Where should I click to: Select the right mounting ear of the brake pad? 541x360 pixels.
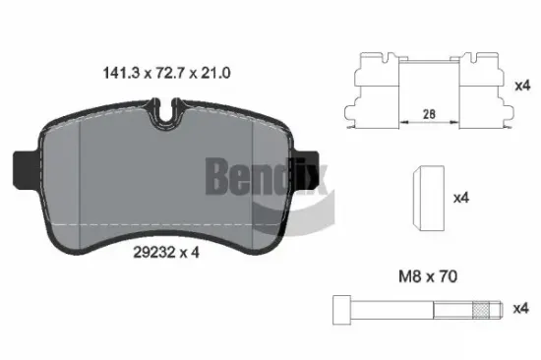click(311, 161)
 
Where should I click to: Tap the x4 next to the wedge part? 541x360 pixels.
click(460, 197)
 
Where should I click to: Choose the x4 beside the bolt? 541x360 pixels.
click(521, 308)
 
